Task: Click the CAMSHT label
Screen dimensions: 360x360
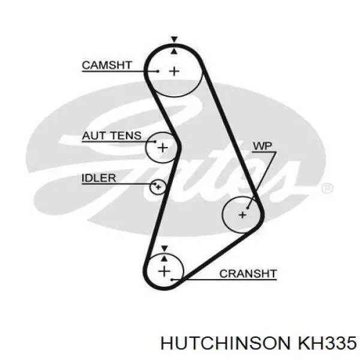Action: [x=107, y=65]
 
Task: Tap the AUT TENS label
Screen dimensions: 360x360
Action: [x=112, y=136]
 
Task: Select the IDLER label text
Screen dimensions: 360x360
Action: [x=99, y=178]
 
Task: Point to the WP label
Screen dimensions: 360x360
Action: [x=262, y=146]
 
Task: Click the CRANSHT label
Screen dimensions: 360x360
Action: [x=248, y=274]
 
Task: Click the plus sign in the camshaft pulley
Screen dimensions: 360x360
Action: [x=174, y=71]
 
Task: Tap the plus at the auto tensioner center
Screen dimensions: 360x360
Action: [x=163, y=148]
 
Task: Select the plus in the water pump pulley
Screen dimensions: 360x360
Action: [x=242, y=215]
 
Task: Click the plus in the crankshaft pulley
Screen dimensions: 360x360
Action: [x=164, y=271]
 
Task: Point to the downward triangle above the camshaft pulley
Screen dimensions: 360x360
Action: [x=175, y=39]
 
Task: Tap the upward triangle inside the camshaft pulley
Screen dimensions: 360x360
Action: [x=175, y=51]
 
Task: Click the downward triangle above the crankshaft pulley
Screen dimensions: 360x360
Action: [x=164, y=248]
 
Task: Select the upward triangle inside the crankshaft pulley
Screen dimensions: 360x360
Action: [x=164, y=258]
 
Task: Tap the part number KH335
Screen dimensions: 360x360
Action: [x=327, y=344]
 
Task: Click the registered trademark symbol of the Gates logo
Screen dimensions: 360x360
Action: [x=327, y=188]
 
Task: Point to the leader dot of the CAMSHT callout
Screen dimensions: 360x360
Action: [x=158, y=71]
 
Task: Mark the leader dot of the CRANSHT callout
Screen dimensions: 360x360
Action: [x=172, y=280]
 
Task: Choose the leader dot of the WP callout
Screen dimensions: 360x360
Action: [x=247, y=208]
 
